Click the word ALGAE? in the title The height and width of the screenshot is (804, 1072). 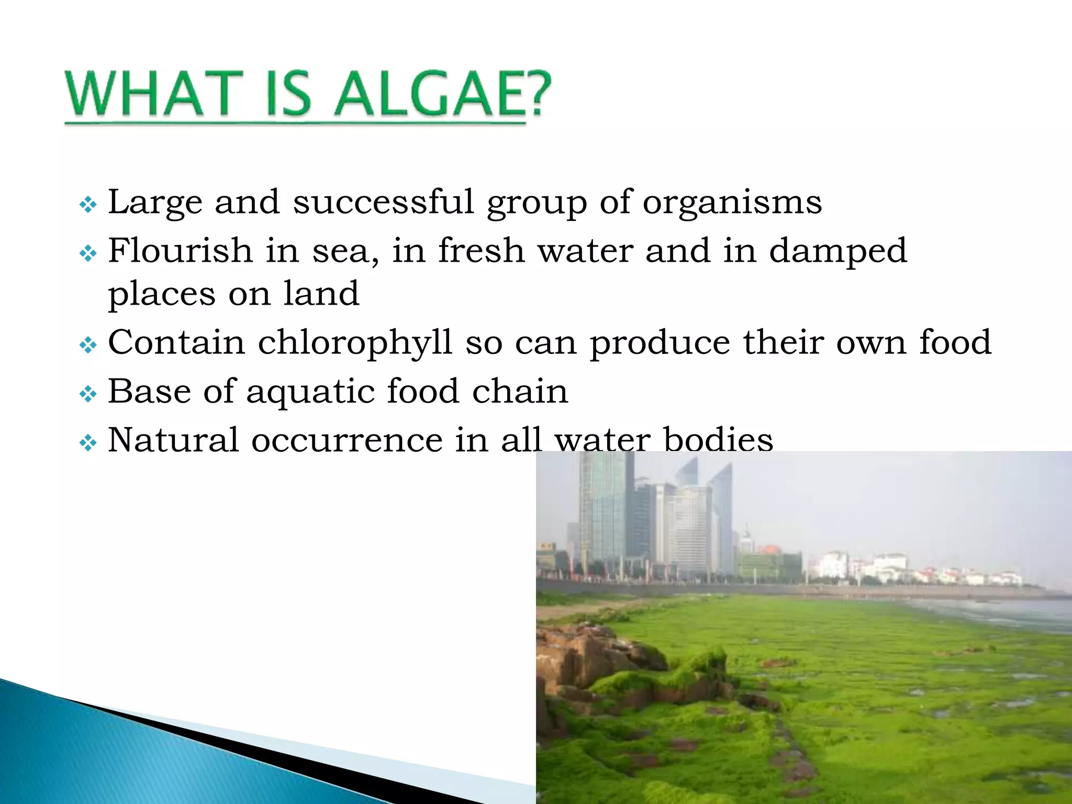point(443,94)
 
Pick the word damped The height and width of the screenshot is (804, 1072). point(837,251)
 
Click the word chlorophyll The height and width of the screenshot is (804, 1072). point(355,343)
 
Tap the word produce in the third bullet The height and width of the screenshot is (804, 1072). point(660,343)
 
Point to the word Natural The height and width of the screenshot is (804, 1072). point(173,440)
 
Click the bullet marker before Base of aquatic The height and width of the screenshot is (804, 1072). point(88,394)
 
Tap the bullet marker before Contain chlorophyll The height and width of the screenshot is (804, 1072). point(88,345)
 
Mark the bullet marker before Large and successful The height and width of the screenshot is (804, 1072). point(88,205)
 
